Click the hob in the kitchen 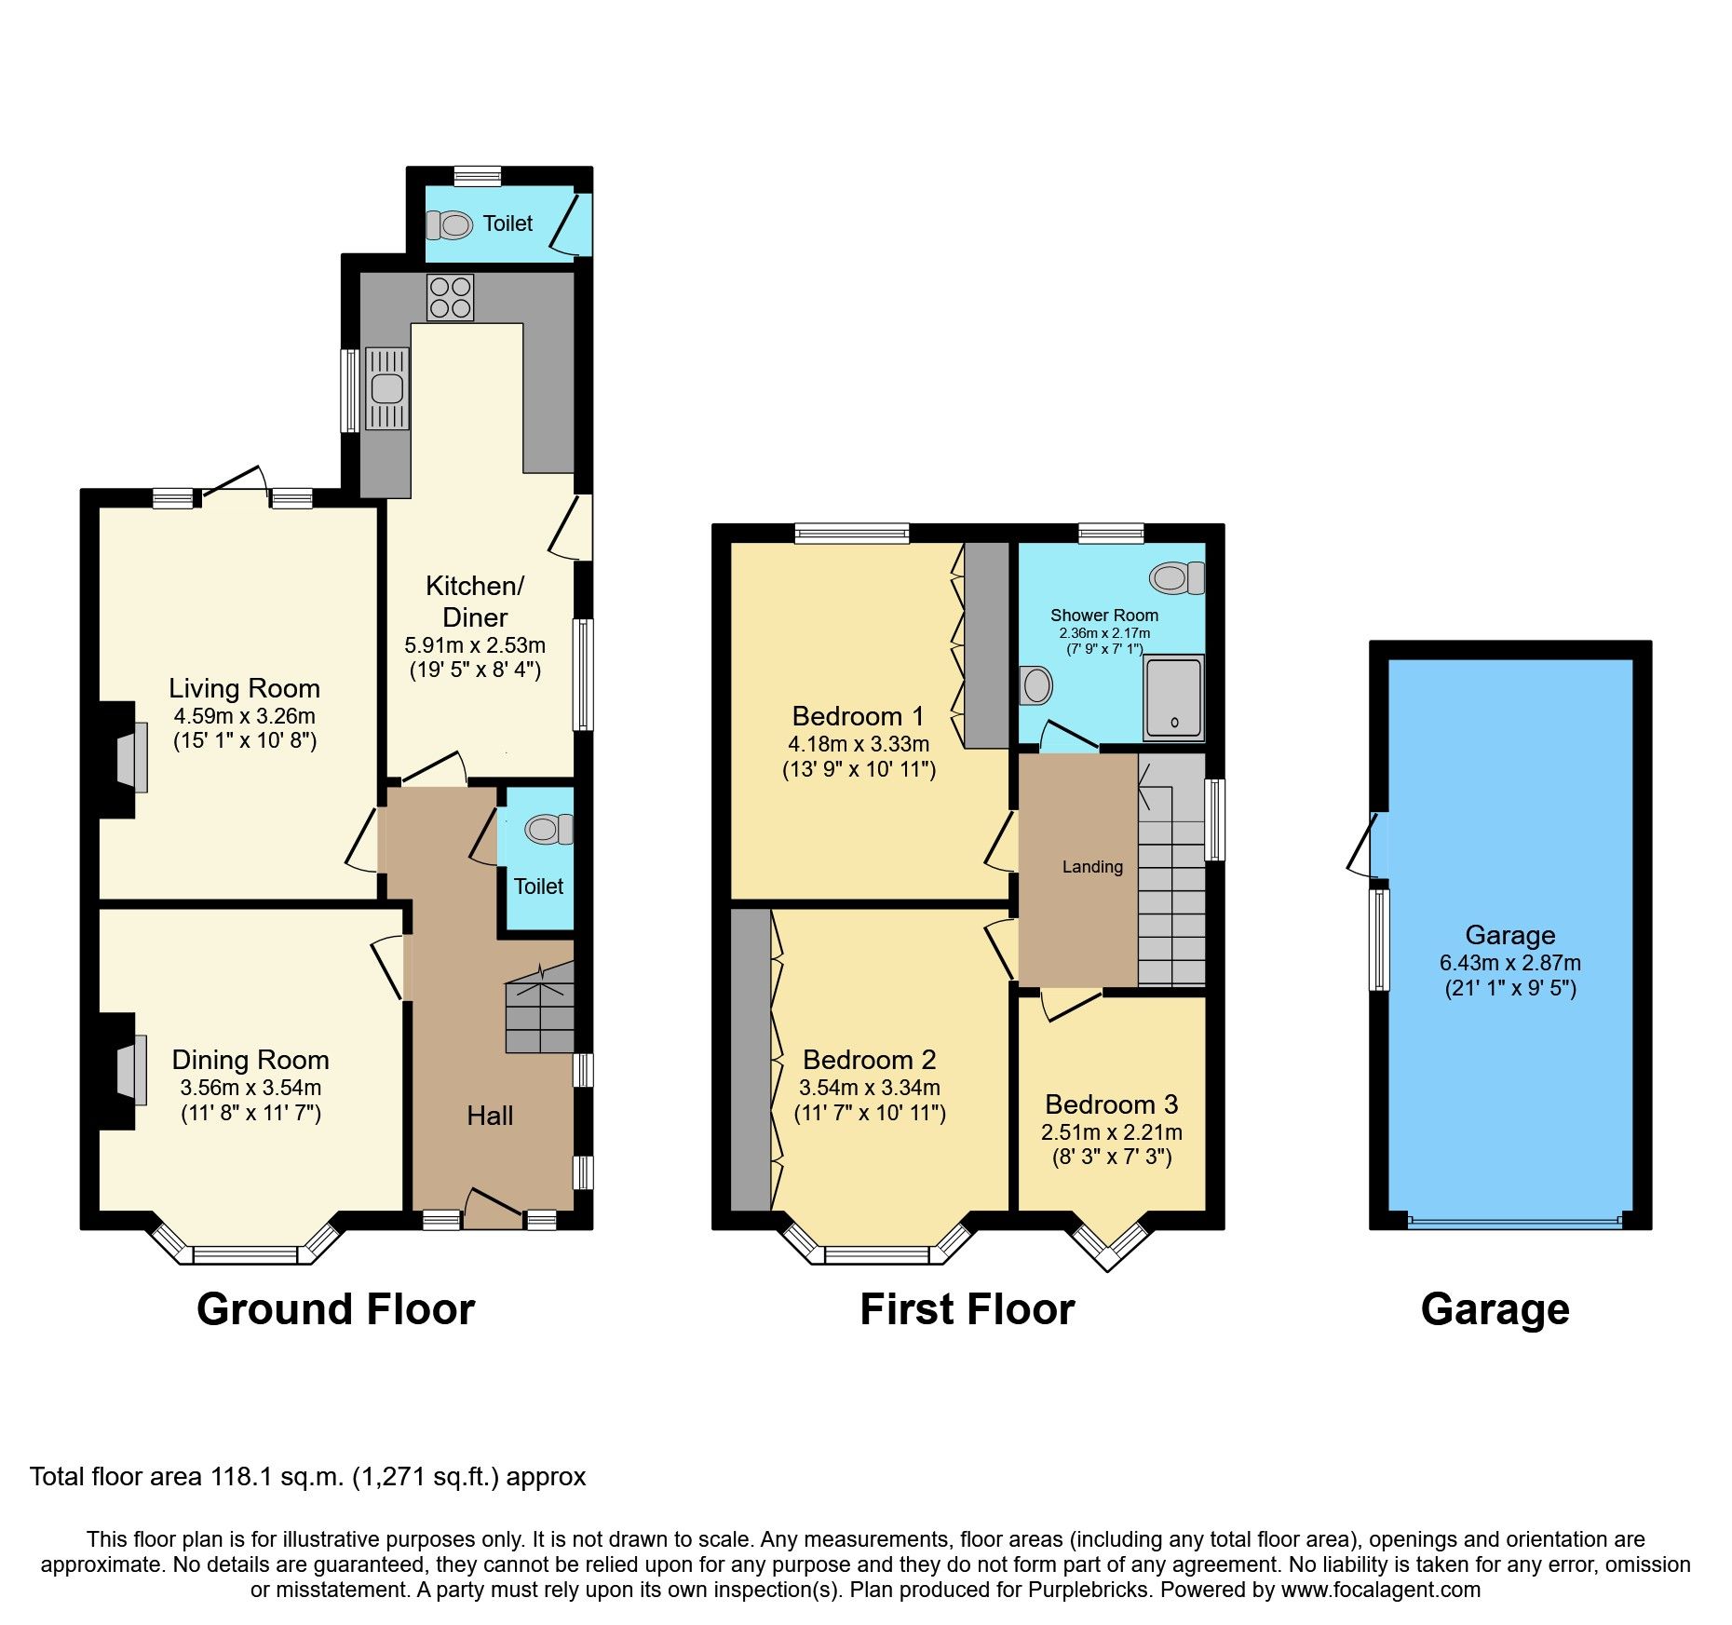point(450,297)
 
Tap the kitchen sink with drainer point(387,388)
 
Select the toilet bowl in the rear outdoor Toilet point(452,224)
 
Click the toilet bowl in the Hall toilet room point(548,828)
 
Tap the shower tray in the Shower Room point(1173,697)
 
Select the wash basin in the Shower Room point(1035,686)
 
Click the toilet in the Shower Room point(1176,578)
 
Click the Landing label point(1092,867)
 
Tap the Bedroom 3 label point(1111,1104)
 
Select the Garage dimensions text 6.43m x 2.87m point(1509,963)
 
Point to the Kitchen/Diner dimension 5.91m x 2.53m point(475,644)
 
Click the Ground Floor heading point(335,1309)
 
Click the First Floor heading point(967,1309)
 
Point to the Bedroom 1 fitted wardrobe point(986,645)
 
